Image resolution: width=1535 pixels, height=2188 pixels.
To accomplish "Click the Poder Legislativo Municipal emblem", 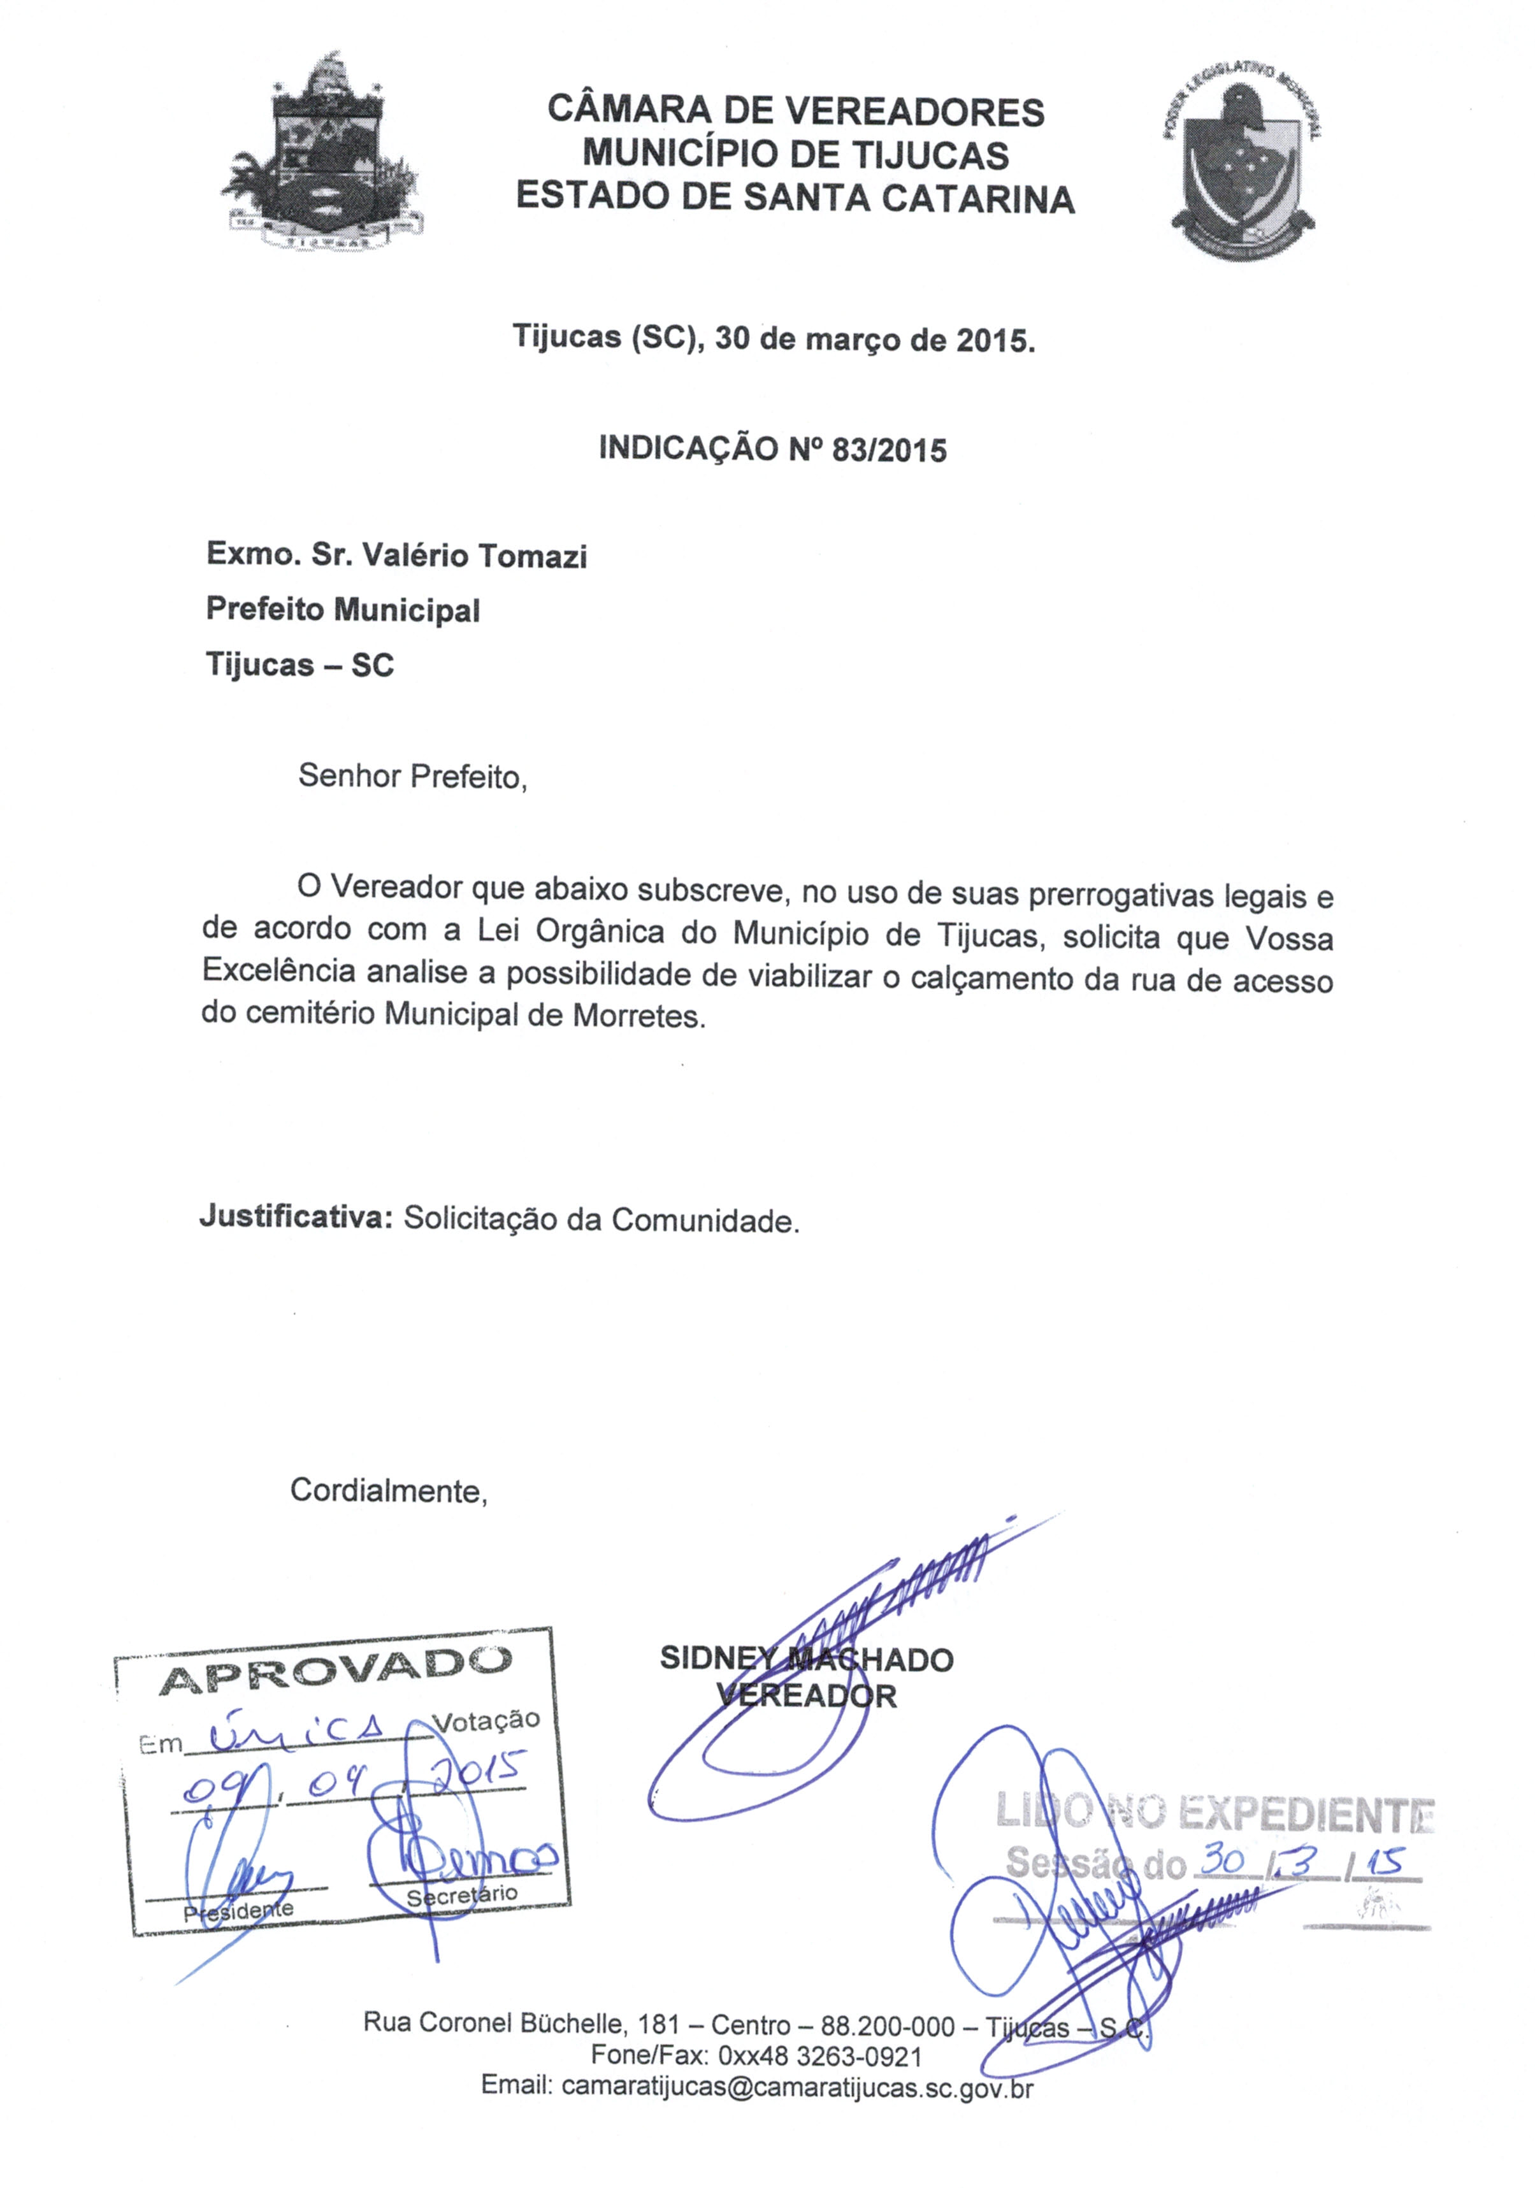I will (1241, 164).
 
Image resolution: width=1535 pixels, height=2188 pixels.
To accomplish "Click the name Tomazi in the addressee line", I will (531, 556).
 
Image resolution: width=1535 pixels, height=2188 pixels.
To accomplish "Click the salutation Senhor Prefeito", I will (412, 777).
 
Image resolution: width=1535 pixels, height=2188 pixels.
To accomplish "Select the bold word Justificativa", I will (296, 1218).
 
